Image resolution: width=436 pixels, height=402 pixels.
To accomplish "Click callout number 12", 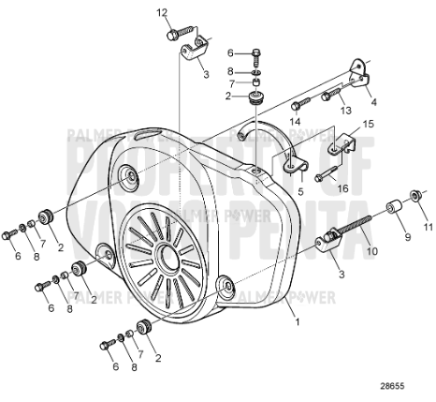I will pyautogui.click(x=161, y=12).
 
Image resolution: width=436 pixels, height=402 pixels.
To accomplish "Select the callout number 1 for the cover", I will pyautogui.click(x=298, y=321).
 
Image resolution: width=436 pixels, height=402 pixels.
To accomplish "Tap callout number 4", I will pyautogui.click(x=373, y=102).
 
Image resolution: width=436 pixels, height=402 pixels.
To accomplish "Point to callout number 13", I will pyautogui.click(x=345, y=111).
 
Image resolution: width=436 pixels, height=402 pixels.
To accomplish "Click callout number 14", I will pyautogui.click(x=295, y=122).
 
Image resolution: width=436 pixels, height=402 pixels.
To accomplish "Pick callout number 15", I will pyautogui.click(x=368, y=124).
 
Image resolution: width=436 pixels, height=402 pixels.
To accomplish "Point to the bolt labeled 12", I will pyautogui.click(x=173, y=36).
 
